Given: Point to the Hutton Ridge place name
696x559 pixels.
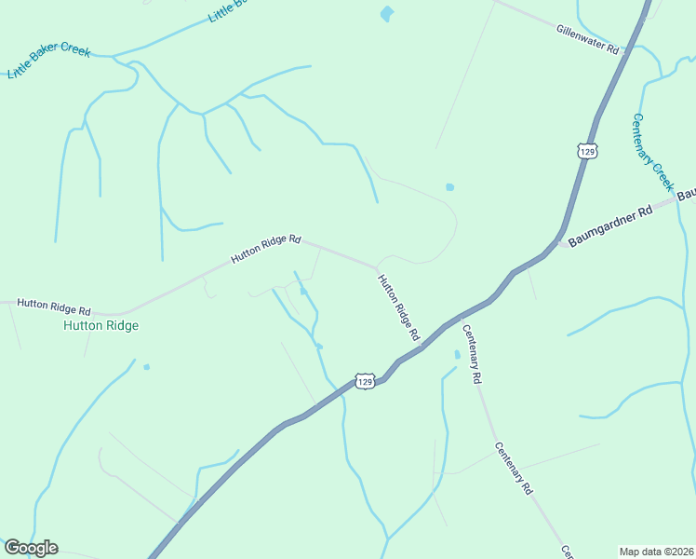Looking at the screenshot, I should [x=100, y=326].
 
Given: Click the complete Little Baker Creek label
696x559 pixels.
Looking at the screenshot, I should [x=49, y=60].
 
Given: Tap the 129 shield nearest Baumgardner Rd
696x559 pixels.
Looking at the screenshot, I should [x=586, y=151].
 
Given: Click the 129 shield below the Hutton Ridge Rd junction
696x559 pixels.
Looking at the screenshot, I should [x=365, y=381].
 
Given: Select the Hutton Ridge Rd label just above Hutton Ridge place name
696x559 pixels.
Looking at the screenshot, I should [x=54, y=306].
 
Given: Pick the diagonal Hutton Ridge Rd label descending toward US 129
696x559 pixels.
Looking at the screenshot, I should [x=398, y=306].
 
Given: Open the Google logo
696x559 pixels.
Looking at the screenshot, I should [x=31, y=548].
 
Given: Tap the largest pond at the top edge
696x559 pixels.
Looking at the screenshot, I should [x=387, y=13].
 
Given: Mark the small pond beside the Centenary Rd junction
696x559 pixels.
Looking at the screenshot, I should [x=457, y=355].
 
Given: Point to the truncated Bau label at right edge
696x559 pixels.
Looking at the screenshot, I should [x=687, y=195].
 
